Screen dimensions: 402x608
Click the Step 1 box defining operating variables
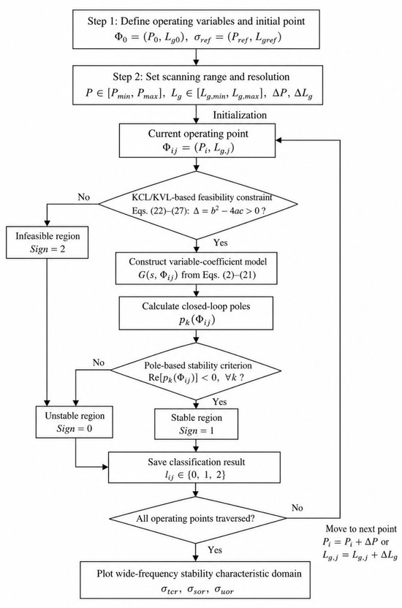tap(196, 29)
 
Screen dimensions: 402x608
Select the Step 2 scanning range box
tap(197, 85)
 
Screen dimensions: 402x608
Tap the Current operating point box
tap(197, 140)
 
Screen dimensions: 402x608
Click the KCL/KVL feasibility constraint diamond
tap(198, 205)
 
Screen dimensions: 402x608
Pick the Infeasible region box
tap(48, 243)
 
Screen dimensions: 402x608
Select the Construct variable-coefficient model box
tap(197, 268)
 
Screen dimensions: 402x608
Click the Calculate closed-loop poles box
tap(196, 313)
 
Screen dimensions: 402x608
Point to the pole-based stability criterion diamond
tap(196, 371)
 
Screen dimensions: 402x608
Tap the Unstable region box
tap(75, 422)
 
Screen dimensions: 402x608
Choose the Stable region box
tap(197, 424)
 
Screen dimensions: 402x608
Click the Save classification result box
tap(194, 467)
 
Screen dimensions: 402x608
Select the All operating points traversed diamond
tap(197, 519)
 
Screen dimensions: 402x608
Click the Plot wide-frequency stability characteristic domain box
tap(195, 579)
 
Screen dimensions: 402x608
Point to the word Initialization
tap(240, 115)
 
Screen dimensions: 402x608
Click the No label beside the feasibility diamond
tap(84, 197)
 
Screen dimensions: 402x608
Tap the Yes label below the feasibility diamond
tap(221, 243)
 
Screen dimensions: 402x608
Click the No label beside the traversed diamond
tap(297, 508)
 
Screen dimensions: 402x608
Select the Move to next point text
tap(361, 529)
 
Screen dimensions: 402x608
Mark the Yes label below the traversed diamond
tap(215, 550)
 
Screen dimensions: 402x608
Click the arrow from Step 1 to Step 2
tap(196, 57)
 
